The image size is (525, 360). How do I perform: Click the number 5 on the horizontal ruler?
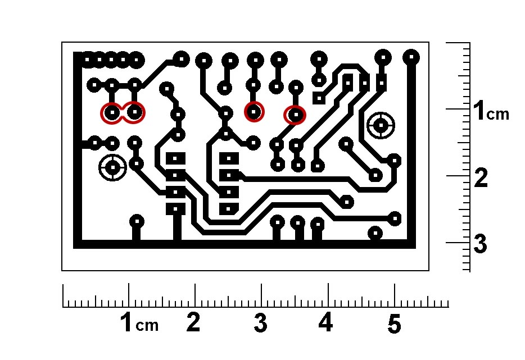[x=393, y=323]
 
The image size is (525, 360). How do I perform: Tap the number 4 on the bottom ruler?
[x=326, y=322]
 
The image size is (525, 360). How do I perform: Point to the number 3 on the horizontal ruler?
[x=260, y=323]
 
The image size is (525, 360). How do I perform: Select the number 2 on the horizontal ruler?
[x=193, y=322]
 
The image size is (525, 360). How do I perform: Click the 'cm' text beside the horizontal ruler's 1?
[x=147, y=326]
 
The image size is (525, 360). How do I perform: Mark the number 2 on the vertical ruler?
[x=481, y=177]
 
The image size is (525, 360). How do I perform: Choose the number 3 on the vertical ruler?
[x=480, y=244]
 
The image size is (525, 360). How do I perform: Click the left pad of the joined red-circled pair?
[x=112, y=113]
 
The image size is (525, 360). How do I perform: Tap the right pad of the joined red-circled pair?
[x=134, y=112]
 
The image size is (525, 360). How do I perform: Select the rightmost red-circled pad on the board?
[x=295, y=115]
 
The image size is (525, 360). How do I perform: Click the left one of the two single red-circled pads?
[x=254, y=112]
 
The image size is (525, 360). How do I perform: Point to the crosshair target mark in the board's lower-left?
[x=113, y=167]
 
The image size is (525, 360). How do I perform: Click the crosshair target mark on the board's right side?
[x=381, y=125]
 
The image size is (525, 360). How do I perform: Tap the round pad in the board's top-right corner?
[x=411, y=57]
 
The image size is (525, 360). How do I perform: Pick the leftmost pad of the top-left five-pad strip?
[x=87, y=60]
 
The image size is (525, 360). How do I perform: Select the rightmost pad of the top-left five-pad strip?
[x=136, y=60]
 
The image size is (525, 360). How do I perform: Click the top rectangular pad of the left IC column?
[x=175, y=158]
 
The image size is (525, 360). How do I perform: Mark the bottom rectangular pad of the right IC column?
[x=229, y=209]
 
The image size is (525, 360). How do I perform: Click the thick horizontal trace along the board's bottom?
[x=245, y=244]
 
